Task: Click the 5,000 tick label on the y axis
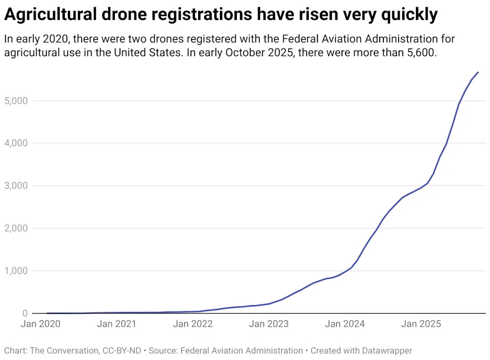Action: click(16, 101)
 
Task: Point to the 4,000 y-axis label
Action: click(16, 143)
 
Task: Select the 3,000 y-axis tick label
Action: click(16, 186)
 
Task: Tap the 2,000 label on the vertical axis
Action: click(16, 228)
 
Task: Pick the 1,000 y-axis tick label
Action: click(16, 271)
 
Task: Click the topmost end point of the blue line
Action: click(478, 72)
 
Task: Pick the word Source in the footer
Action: click(162, 351)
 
